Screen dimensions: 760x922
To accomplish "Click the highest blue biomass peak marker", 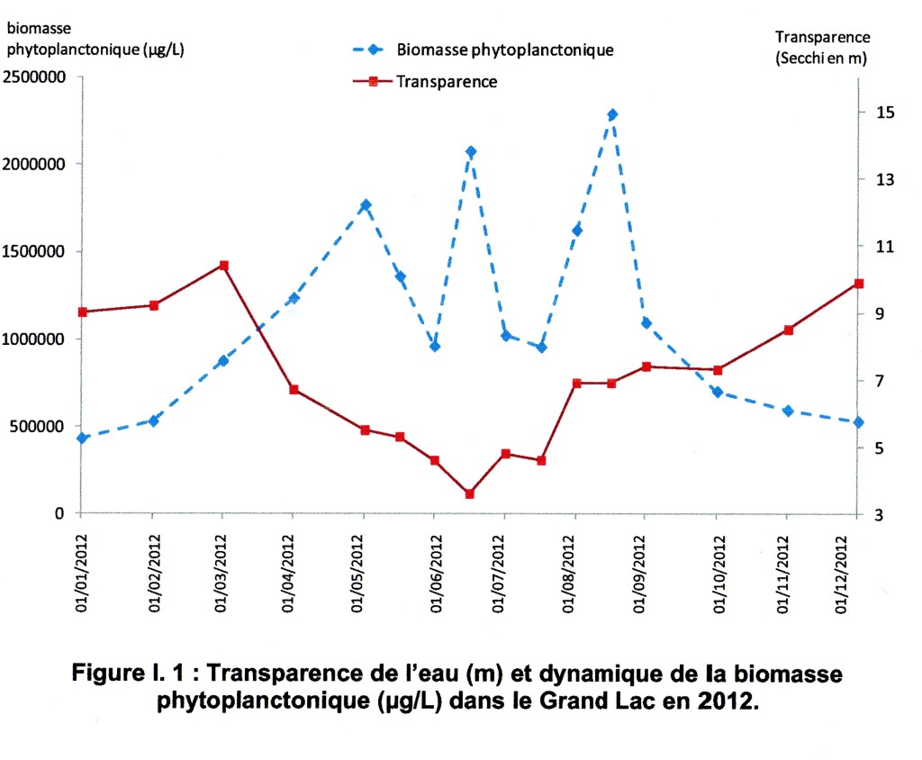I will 612,114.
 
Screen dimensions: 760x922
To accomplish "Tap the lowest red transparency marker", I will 469,493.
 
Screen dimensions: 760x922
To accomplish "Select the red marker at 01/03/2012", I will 223,266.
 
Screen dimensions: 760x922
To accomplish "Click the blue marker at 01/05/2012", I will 366,205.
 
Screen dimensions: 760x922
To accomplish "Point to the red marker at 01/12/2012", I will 858,284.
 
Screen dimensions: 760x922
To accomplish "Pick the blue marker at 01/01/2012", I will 82,439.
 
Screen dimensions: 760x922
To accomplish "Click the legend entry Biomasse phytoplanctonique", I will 505,50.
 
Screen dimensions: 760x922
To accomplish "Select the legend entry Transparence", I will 447,81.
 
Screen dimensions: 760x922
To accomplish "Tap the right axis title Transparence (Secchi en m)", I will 822,47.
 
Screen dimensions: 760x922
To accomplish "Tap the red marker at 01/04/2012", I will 294,390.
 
